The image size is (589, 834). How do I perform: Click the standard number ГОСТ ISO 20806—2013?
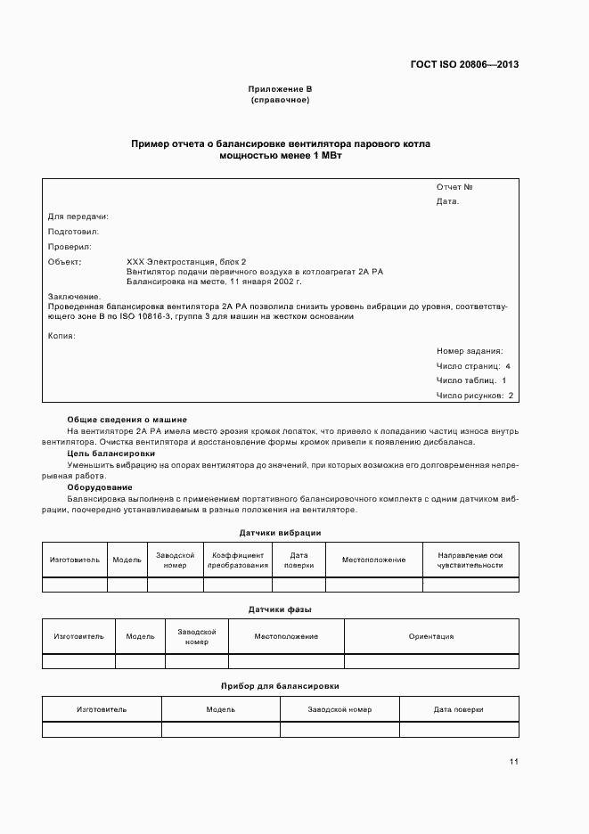[464, 65]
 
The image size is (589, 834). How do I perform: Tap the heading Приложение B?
[280, 90]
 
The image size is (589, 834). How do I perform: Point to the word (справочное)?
[280, 100]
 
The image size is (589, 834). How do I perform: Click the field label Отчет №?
[454, 187]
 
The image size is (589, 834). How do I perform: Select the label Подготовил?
[73, 232]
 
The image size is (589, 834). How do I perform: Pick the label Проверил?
[70, 247]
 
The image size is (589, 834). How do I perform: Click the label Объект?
[64, 262]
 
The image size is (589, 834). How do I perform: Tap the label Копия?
[61, 336]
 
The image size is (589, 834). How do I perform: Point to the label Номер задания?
[470, 351]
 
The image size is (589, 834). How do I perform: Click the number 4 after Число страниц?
[508, 366]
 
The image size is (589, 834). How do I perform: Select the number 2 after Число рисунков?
[511, 396]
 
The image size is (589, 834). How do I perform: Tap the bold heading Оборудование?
[100, 487]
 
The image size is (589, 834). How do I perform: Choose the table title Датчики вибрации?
[280, 533]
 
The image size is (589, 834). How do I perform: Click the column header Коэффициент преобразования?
[238, 560]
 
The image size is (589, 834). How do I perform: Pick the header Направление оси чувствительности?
[470, 560]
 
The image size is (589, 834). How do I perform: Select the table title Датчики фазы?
[280, 609]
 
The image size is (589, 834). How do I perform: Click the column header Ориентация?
[431, 636]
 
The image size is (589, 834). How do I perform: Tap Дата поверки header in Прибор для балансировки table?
[458, 709]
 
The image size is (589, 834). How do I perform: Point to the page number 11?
[514, 762]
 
